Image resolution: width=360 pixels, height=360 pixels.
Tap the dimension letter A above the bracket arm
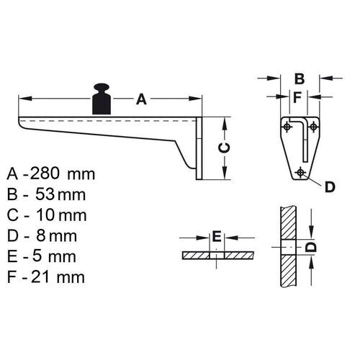pyautogui.click(x=141, y=100)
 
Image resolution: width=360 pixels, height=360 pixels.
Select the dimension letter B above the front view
pyautogui.click(x=300, y=78)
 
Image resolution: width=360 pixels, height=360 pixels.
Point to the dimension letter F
pyautogui.click(x=297, y=96)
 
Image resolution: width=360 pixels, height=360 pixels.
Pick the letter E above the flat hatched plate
pyautogui.click(x=215, y=236)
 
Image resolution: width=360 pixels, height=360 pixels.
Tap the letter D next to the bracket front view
pyautogui.click(x=328, y=187)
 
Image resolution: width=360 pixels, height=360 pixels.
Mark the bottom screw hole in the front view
pyautogui.click(x=300, y=171)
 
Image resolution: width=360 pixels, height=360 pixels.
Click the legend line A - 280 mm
pyautogui.click(x=52, y=174)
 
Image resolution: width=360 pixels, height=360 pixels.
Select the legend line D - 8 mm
pyautogui.click(x=45, y=235)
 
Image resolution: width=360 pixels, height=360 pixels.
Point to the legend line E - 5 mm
pyautogui.click(x=45, y=256)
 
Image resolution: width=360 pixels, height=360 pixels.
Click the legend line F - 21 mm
pyautogui.click(x=48, y=276)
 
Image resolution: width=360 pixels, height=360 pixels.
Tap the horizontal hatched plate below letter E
pyautogui.click(x=215, y=256)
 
